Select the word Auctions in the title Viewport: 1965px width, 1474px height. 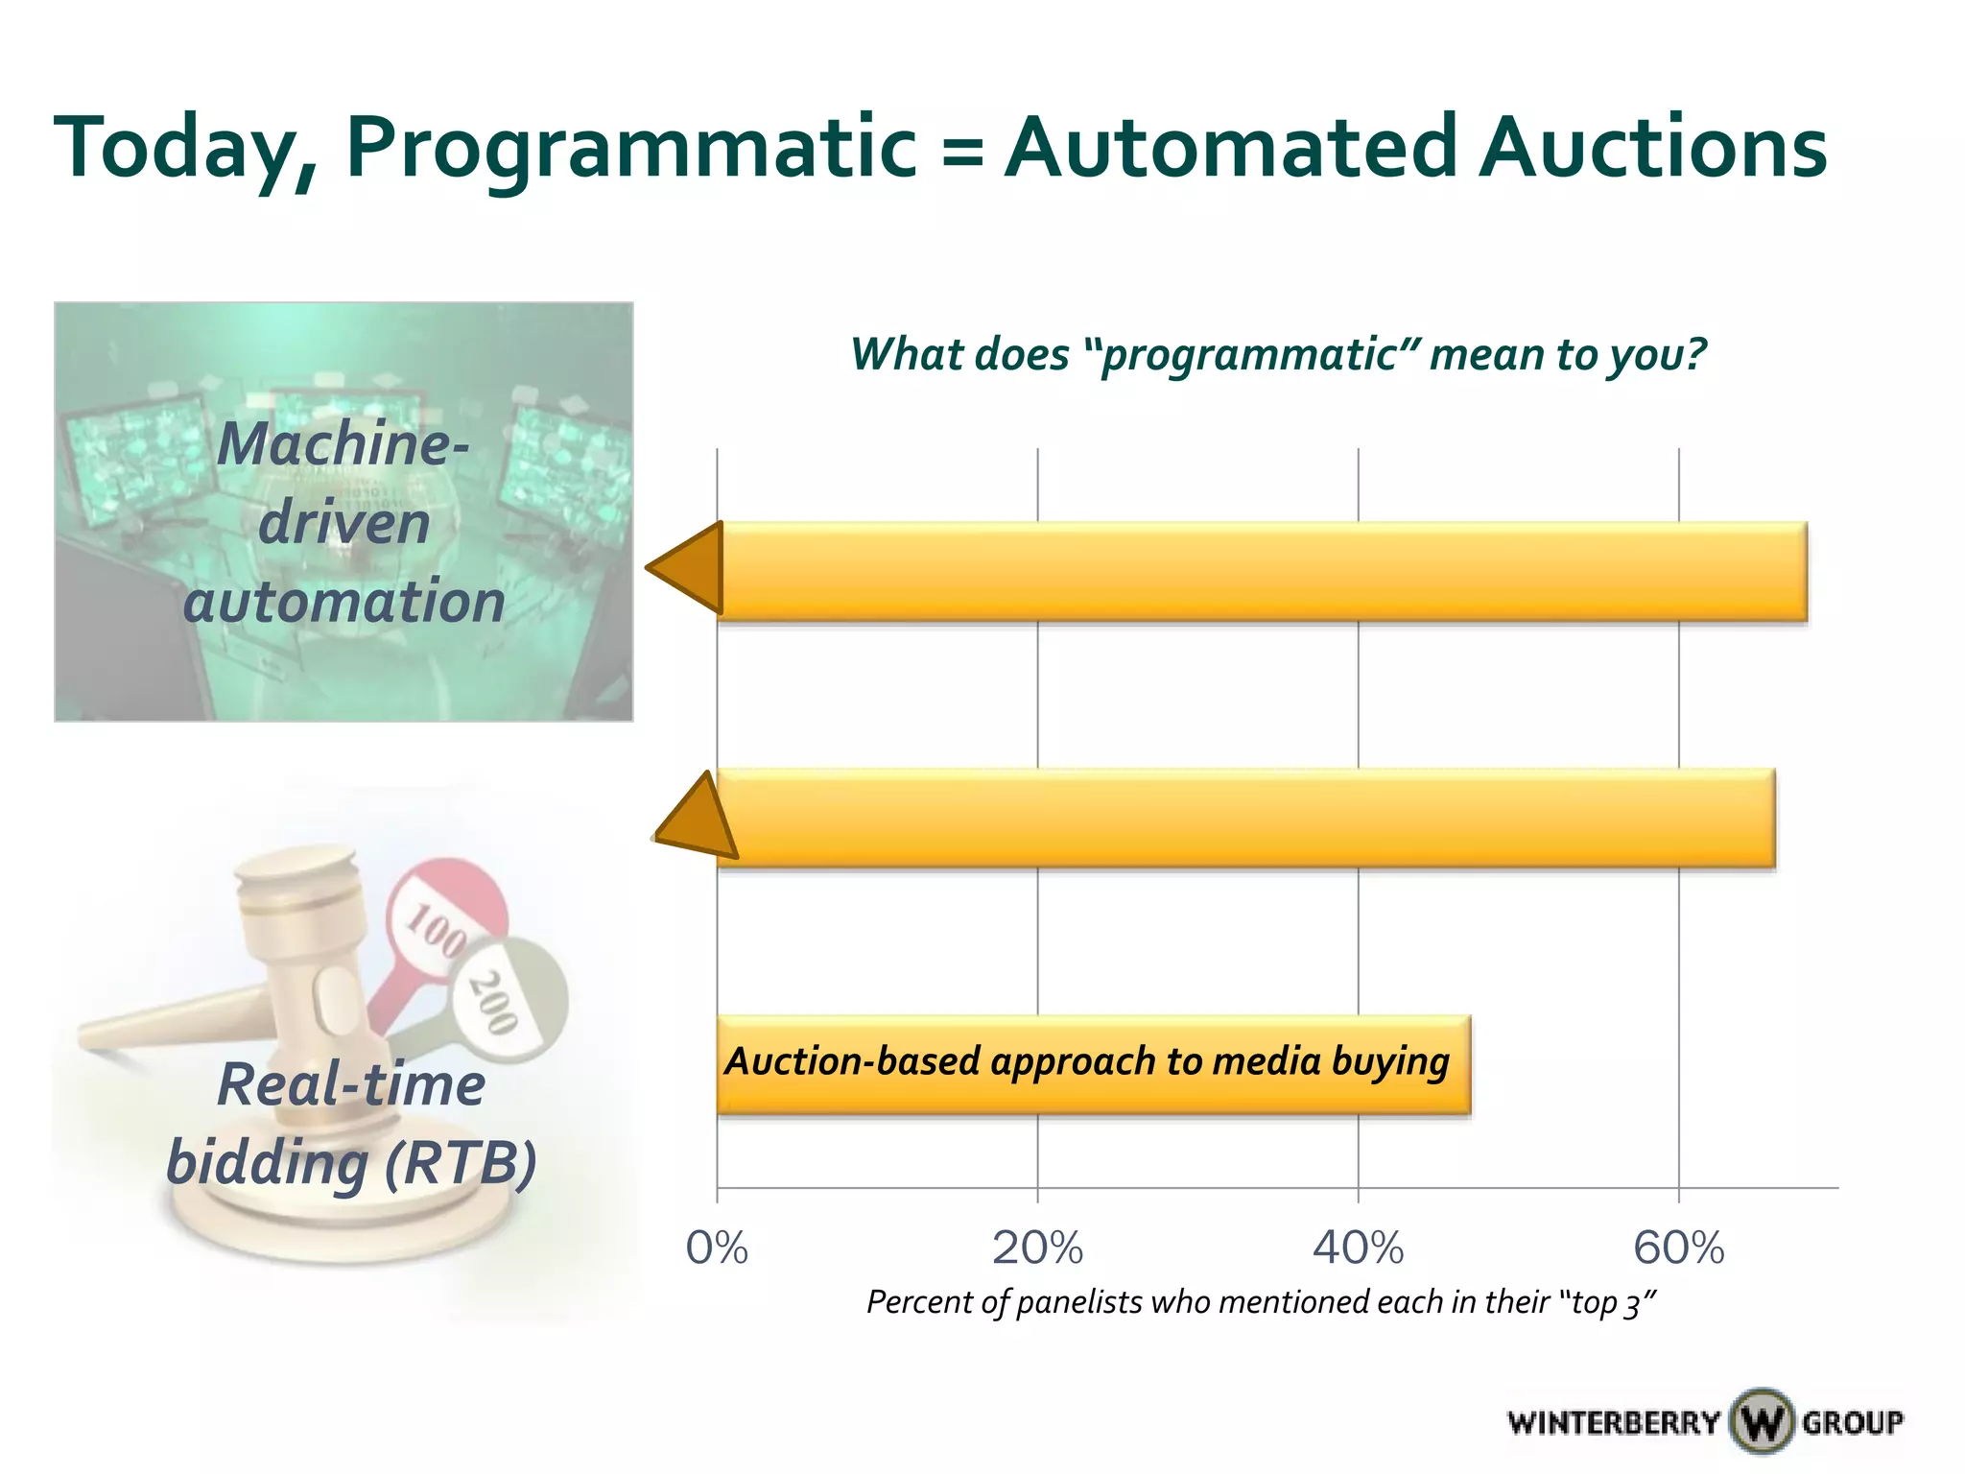(1652, 149)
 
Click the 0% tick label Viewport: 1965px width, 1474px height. (717, 1248)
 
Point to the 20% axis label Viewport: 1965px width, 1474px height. (1037, 1248)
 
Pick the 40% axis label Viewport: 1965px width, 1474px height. (1358, 1248)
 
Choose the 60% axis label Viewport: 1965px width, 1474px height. (1678, 1248)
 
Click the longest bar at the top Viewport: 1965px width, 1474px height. (1263, 572)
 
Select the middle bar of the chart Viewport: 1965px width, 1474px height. (1247, 819)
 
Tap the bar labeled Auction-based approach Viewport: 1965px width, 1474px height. (1093, 1064)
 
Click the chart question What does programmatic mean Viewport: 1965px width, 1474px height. (1278, 354)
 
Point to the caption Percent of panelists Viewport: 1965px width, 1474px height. (1261, 1302)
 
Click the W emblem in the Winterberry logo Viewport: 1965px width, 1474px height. (1762, 1420)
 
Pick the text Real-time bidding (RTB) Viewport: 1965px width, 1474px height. (351, 1124)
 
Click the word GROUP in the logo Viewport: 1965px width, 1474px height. (1852, 1421)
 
